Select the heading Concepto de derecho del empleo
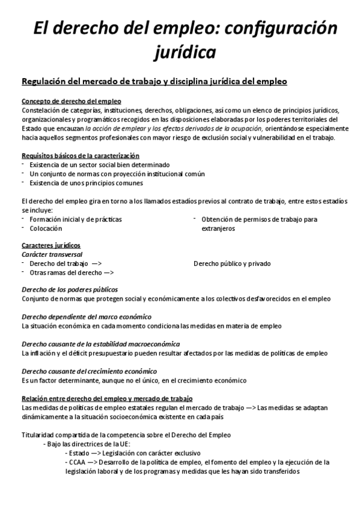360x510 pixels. pos(71,101)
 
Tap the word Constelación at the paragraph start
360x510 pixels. pos(41,111)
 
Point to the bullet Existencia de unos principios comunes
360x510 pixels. pos(86,183)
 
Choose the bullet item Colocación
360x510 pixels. pos(46,228)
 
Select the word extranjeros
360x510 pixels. pos(218,228)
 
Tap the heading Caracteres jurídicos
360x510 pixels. pos(50,245)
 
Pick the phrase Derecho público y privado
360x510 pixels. pos(232,263)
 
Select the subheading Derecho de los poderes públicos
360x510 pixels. pos(70,289)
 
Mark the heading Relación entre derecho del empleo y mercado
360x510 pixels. pos(106,398)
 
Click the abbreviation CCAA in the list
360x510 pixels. pos(77,462)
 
